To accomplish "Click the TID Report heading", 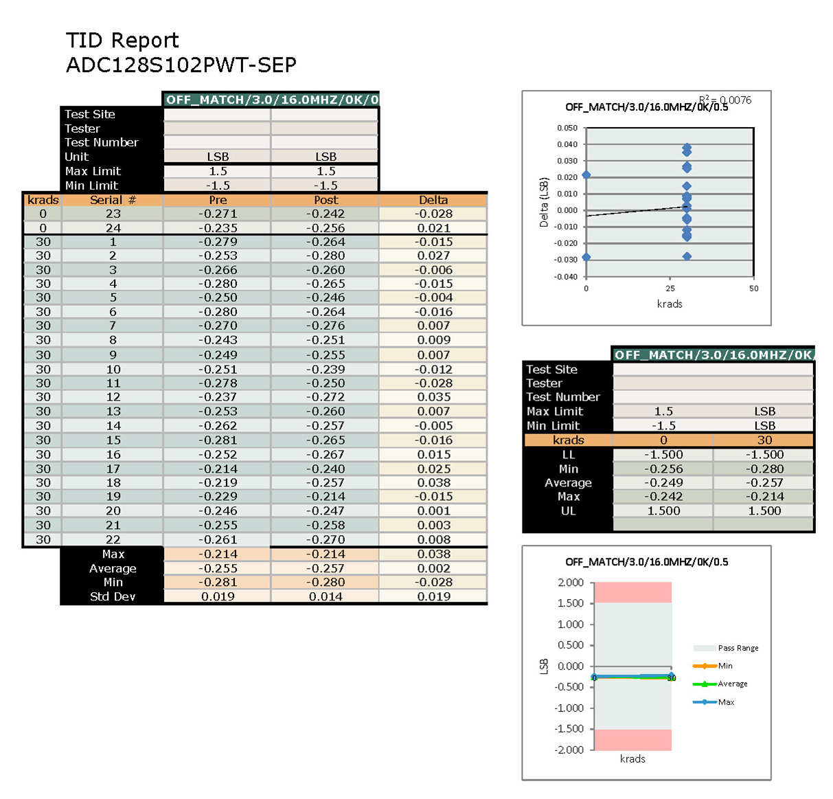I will click(x=122, y=41).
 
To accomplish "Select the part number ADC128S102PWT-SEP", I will click(x=181, y=65).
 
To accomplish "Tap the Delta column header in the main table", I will click(x=433, y=200).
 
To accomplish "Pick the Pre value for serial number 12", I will click(x=218, y=397).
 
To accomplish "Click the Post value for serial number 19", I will click(x=326, y=497).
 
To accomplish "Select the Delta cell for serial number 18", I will click(x=434, y=483).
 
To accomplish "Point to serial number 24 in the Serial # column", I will click(x=113, y=228).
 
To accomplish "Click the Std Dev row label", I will click(x=113, y=596).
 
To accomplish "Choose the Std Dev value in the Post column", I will click(x=326, y=596).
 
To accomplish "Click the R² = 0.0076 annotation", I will click(x=725, y=100).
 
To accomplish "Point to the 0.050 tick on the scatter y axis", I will click(x=567, y=128).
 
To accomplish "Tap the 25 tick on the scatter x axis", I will click(x=670, y=289).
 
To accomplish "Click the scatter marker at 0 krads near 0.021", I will click(x=586, y=175).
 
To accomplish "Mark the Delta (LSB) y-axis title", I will click(x=544, y=203).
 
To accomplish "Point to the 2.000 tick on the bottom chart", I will click(x=570, y=583).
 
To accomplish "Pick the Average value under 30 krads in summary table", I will click(x=764, y=483).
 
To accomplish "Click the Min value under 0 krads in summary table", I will click(x=663, y=469).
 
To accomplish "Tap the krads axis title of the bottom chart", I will click(x=632, y=758).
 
